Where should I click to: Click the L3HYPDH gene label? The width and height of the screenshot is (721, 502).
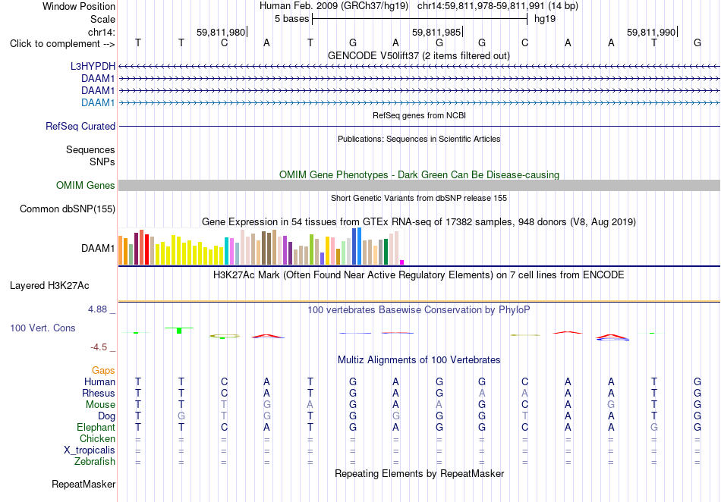[93, 66]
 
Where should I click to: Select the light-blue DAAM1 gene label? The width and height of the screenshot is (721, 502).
[98, 102]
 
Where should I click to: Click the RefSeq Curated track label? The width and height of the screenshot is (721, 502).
[80, 127]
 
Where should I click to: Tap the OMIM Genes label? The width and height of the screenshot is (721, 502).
[86, 185]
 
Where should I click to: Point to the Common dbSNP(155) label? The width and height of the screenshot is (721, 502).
[68, 209]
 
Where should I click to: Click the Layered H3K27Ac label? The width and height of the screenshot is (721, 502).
[49, 286]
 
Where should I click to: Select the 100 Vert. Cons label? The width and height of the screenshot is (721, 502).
[43, 328]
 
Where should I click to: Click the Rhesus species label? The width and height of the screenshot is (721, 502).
[99, 393]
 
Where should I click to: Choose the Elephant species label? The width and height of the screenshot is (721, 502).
[96, 428]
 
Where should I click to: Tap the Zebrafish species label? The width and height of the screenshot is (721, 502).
[95, 462]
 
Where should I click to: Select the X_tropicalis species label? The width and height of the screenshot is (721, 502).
[90, 450]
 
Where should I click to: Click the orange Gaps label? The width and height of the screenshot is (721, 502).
[103, 370]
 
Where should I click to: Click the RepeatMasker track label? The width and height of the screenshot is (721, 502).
[83, 484]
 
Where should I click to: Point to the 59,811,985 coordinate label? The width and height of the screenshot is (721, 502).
[436, 32]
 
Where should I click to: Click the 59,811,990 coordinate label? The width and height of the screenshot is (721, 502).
[651, 32]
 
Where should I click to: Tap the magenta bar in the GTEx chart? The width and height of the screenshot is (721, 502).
[402, 262]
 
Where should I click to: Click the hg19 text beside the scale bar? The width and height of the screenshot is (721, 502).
[545, 19]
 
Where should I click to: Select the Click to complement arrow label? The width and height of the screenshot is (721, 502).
[62, 44]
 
